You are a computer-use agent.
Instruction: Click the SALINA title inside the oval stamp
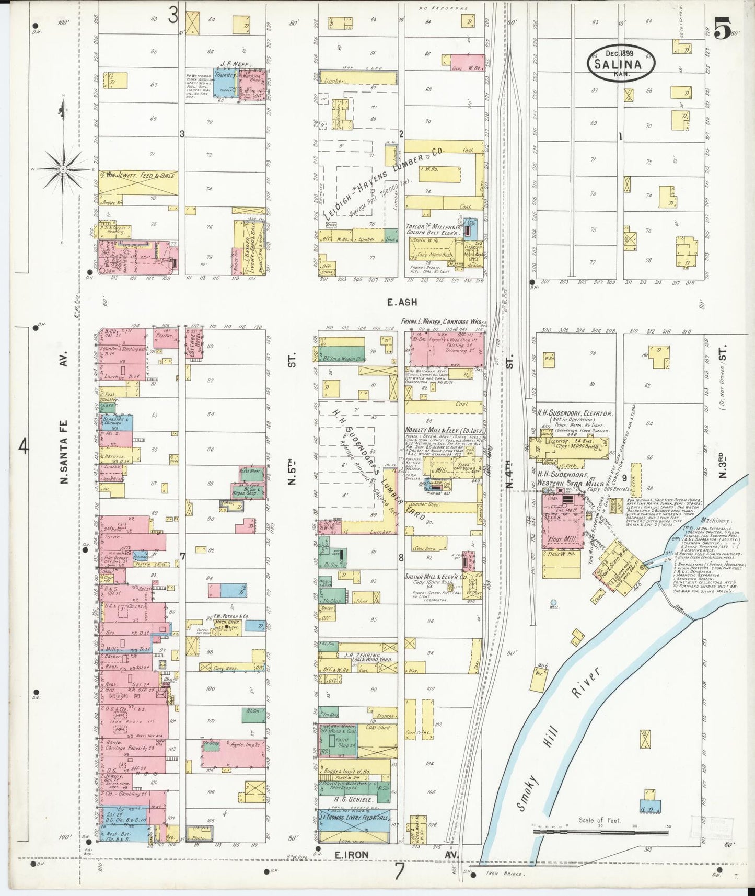[622, 65]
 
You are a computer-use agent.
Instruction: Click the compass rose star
[63, 169]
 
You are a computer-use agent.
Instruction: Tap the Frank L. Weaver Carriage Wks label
[442, 321]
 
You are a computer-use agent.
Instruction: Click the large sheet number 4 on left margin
[24, 447]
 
